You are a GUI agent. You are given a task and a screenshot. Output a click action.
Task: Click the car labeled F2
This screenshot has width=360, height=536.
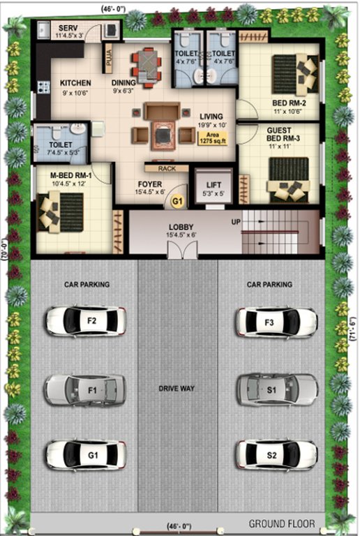click(x=85, y=321)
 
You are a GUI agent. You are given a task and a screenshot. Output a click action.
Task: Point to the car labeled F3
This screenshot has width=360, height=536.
click(x=276, y=322)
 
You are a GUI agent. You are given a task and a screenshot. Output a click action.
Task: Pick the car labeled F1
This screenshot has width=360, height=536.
click(x=85, y=389)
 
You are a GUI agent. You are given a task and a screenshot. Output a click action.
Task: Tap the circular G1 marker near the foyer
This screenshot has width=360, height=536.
click(x=178, y=201)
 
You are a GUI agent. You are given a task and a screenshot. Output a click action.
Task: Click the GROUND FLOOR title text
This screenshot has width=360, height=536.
click(x=282, y=523)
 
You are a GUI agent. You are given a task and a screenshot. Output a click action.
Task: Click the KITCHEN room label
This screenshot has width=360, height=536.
click(x=75, y=82)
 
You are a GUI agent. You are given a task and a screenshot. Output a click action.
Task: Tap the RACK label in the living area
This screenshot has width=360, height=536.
click(x=167, y=167)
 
